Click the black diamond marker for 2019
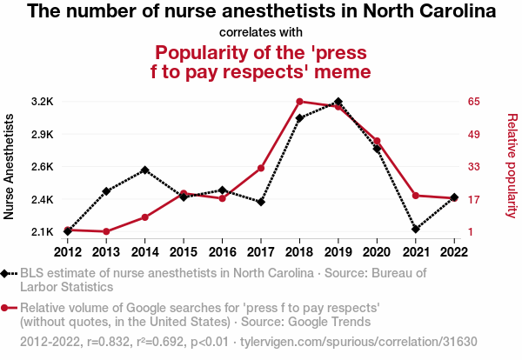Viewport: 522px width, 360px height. pos(338,102)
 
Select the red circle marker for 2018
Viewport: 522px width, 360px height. pos(299,102)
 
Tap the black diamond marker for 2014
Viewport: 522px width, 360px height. pos(144,170)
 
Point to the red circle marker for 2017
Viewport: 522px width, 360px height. pos(261,168)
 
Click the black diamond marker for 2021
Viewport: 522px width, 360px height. pos(415,229)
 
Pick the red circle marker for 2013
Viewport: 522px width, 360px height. pos(106,231)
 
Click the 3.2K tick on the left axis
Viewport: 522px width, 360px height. pos(42,102)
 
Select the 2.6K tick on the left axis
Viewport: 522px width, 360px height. pos(42,167)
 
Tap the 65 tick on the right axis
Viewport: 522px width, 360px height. pos(474,102)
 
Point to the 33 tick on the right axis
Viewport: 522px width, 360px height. pos(474,167)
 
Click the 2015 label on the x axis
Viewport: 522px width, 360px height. pos(183,252)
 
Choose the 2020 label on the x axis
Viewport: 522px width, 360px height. pos(377,252)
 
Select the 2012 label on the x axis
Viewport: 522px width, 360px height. pos(67,252)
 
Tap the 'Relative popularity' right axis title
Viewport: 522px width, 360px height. pos(512,166)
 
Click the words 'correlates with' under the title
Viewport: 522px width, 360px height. pos(261,32)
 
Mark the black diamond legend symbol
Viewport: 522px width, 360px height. pos(9,273)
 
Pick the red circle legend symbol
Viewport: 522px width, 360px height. pos(9,308)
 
